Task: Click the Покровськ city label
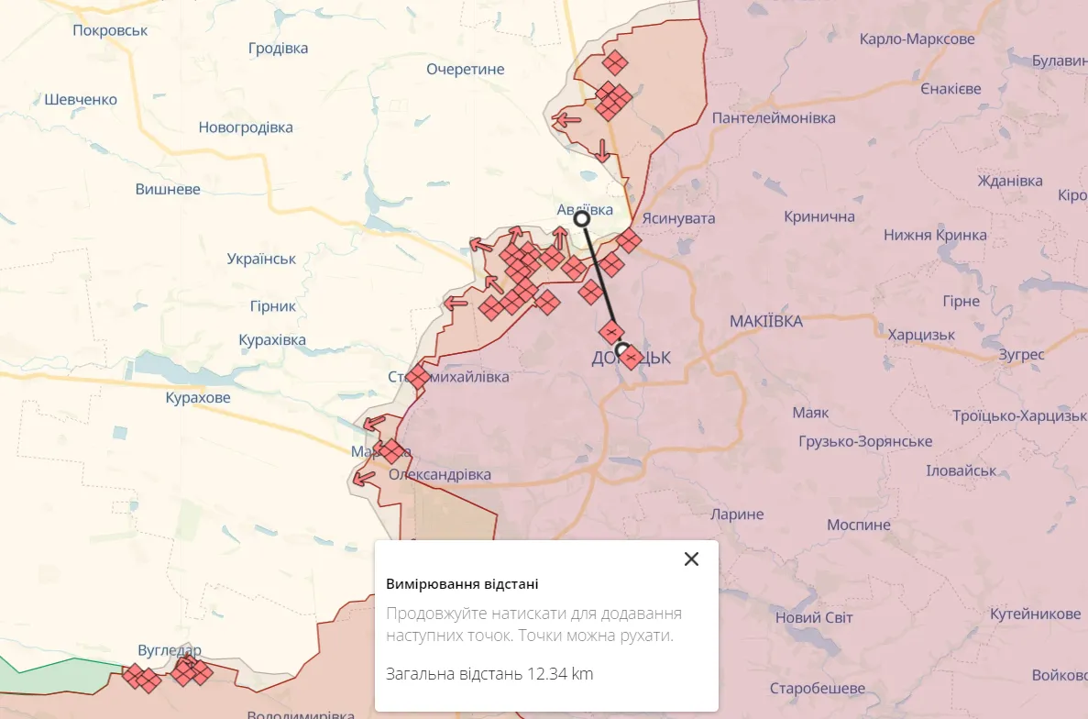coord(110,30)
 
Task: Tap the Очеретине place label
coord(466,69)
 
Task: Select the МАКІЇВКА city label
coord(765,321)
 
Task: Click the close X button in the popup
coord(691,559)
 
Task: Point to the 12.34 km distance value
coord(559,674)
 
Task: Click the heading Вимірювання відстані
coord(462,584)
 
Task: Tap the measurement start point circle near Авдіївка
coord(581,218)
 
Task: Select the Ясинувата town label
coord(678,218)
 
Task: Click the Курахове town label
coord(198,398)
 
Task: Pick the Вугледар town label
coord(169,650)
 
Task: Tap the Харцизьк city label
coord(921,335)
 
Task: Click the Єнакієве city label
coord(951,89)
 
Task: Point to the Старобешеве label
coord(817,688)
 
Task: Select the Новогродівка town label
coord(246,127)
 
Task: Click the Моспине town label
coord(858,525)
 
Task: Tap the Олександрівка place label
coord(440,474)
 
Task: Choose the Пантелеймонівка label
coord(774,118)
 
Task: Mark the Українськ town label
coord(261,259)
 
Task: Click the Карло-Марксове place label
coord(917,39)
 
